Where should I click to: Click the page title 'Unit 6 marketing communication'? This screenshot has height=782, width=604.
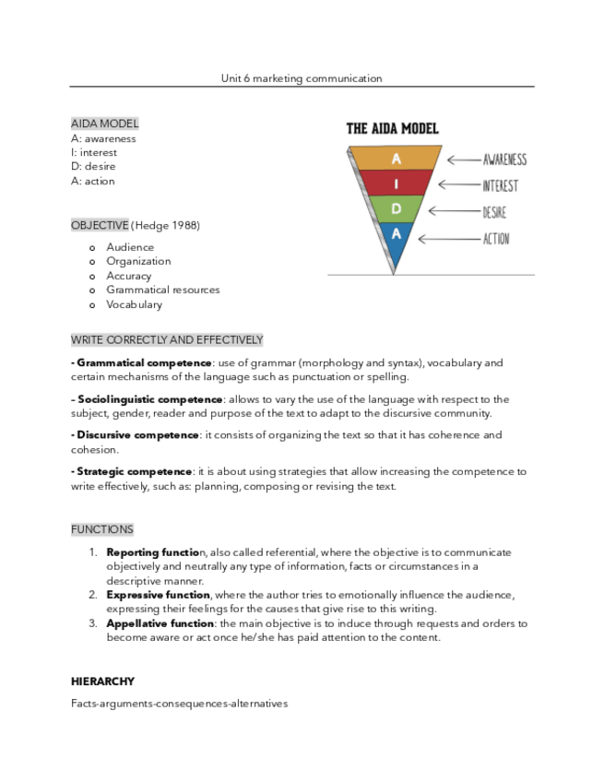[302, 78]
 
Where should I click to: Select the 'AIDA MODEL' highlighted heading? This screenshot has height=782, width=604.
[104, 124]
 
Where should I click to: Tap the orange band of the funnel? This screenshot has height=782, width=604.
[396, 158]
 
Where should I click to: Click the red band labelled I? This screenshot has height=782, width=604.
[396, 184]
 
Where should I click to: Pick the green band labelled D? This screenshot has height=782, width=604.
[396, 209]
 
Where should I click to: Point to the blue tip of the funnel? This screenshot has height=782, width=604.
[395, 242]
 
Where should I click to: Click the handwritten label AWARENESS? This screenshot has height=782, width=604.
[504, 160]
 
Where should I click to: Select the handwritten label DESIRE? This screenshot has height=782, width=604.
[494, 212]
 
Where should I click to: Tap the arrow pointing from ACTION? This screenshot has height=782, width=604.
[447, 239]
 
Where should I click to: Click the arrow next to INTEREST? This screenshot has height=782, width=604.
[457, 185]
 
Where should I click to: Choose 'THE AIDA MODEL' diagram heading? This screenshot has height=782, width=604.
[392, 129]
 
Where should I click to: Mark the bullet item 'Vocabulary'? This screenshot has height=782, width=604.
[134, 304]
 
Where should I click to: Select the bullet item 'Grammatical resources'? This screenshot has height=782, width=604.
[162, 290]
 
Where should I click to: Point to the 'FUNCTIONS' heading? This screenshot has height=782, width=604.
[101, 529]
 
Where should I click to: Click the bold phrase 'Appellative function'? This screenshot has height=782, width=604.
[160, 623]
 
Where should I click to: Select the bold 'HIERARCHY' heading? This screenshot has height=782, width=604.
[102, 681]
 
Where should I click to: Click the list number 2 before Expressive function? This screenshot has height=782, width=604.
[93, 595]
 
